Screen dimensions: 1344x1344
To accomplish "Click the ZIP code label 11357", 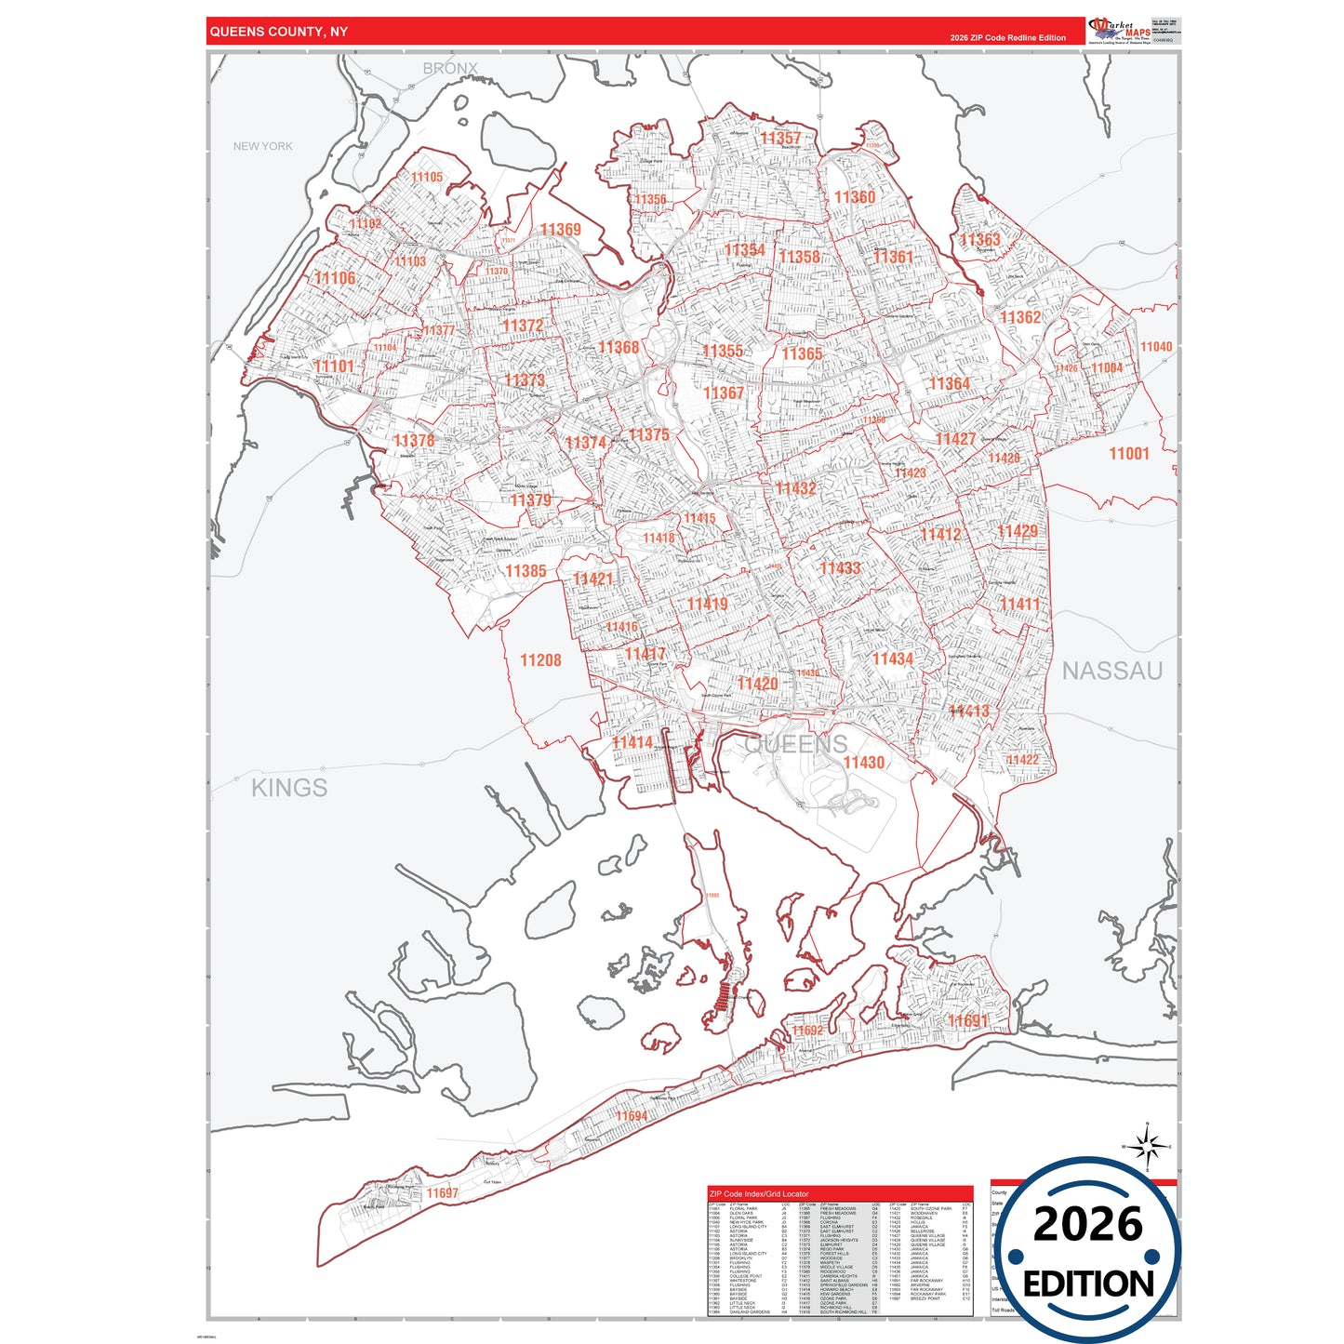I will tap(779, 139).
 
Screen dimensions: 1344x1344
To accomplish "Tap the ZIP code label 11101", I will tap(334, 366).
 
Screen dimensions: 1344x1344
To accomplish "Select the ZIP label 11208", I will tap(540, 660).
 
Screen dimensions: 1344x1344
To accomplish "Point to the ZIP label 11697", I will tap(443, 1193).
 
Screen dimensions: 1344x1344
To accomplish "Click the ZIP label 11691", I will tap(967, 1021).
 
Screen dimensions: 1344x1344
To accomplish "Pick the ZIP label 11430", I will tap(863, 763).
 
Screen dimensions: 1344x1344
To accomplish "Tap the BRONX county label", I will tap(450, 69).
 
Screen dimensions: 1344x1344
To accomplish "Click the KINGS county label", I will tap(289, 788).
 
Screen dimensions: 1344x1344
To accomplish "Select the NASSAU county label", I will tap(1112, 671).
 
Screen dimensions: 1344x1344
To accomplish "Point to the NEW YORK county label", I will tap(262, 146).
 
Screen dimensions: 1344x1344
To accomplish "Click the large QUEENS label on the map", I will tap(796, 744).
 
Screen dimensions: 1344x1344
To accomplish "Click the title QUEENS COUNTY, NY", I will tap(279, 32).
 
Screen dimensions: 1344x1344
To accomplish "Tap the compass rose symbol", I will tap(1148, 1146).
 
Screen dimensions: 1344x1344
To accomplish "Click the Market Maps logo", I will tap(1120, 31).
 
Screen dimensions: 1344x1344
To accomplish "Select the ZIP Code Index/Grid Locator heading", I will tap(759, 1193).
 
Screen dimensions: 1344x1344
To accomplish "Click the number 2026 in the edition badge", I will tap(1088, 1224).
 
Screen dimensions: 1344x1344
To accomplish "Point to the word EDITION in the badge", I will tap(1088, 1284).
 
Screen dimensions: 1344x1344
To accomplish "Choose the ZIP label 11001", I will tap(1129, 454).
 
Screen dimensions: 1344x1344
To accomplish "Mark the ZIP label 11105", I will tap(427, 178).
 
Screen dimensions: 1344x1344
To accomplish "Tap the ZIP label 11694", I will tap(632, 1116).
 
